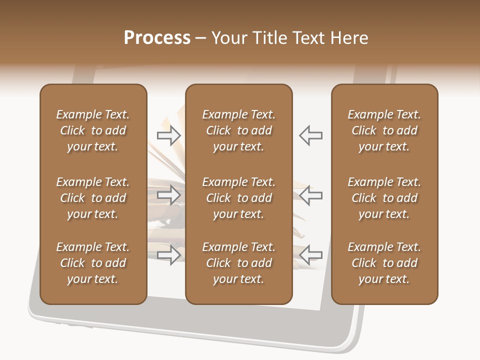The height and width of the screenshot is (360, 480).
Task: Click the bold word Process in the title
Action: [x=157, y=38]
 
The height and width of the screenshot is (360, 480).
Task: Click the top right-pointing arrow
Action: [x=169, y=135]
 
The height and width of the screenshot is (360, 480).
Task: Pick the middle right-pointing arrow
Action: [x=169, y=195]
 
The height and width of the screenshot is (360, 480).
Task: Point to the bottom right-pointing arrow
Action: [x=169, y=254]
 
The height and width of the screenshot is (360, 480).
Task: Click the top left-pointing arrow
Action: [x=311, y=135]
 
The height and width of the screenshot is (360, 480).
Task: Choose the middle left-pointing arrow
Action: [x=311, y=195]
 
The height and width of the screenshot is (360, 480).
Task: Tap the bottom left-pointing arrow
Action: [x=311, y=254]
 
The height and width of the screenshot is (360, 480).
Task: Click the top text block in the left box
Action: [x=93, y=130]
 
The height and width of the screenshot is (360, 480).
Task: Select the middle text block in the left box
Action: [x=93, y=198]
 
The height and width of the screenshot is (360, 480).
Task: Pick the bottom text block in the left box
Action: [x=93, y=263]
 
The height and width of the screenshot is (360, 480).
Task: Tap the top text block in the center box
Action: [x=239, y=130]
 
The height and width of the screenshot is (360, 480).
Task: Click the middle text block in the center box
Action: [x=239, y=198]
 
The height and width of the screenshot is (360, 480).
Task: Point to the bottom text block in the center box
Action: [x=239, y=263]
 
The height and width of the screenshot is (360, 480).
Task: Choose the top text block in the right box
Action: [x=384, y=130]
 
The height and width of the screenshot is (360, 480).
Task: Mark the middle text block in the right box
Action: [x=384, y=198]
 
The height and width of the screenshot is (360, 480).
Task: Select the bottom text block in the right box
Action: [x=384, y=263]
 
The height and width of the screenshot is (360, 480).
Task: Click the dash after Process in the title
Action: [x=200, y=38]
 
